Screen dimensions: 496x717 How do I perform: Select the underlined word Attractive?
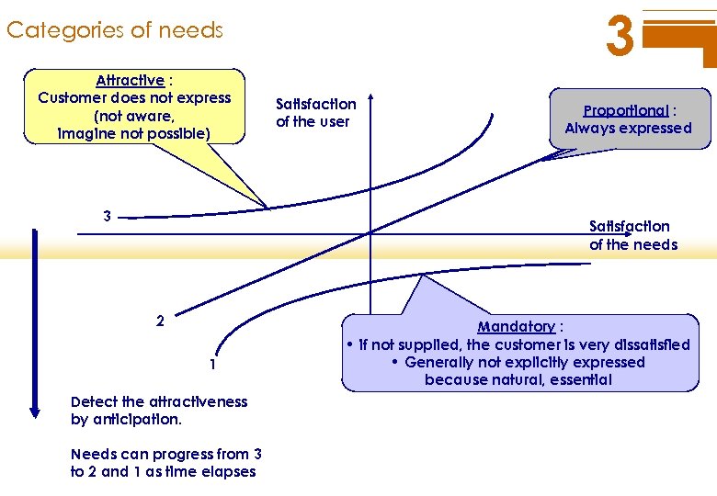(130, 81)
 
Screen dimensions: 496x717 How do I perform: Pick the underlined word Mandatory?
(516, 327)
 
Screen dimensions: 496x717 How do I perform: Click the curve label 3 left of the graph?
(108, 217)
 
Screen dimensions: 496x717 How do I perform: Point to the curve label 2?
(160, 321)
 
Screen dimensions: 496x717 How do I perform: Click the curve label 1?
(212, 365)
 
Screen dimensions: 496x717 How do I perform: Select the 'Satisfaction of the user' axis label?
(315, 113)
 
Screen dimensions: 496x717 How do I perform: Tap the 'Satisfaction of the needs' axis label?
(632, 235)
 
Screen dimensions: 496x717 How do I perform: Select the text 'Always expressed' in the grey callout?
(628, 129)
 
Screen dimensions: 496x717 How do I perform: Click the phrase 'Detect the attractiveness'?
(159, 401)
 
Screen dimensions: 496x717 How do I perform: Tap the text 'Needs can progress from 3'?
(165, 454)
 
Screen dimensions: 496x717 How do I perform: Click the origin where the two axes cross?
(370, 233)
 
